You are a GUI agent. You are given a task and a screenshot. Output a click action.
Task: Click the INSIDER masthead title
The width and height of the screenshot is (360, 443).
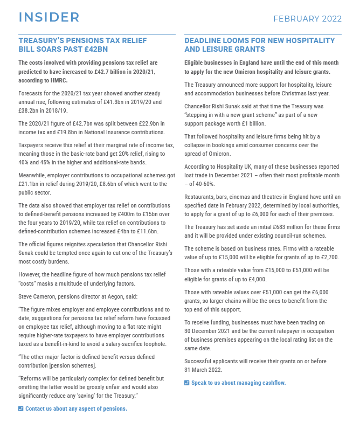pyautogui.click(x=49, y=17)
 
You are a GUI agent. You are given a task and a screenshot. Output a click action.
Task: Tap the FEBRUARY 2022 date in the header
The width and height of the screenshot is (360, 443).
pyautogui.click(x=307, y=19)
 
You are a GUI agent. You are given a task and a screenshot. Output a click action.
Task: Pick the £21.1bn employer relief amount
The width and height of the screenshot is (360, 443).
pyautogui.click(x=29, y=184)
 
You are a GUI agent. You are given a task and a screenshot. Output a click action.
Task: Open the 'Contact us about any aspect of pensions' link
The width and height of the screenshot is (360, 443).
pyautogui.click(x=76, y=409)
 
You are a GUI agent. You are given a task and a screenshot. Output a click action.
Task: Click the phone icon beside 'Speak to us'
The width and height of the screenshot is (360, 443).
pyautogui.click(x=187, y=383)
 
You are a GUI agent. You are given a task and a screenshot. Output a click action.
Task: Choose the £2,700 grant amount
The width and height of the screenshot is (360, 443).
pyautogui.click(x=327, y=257)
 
